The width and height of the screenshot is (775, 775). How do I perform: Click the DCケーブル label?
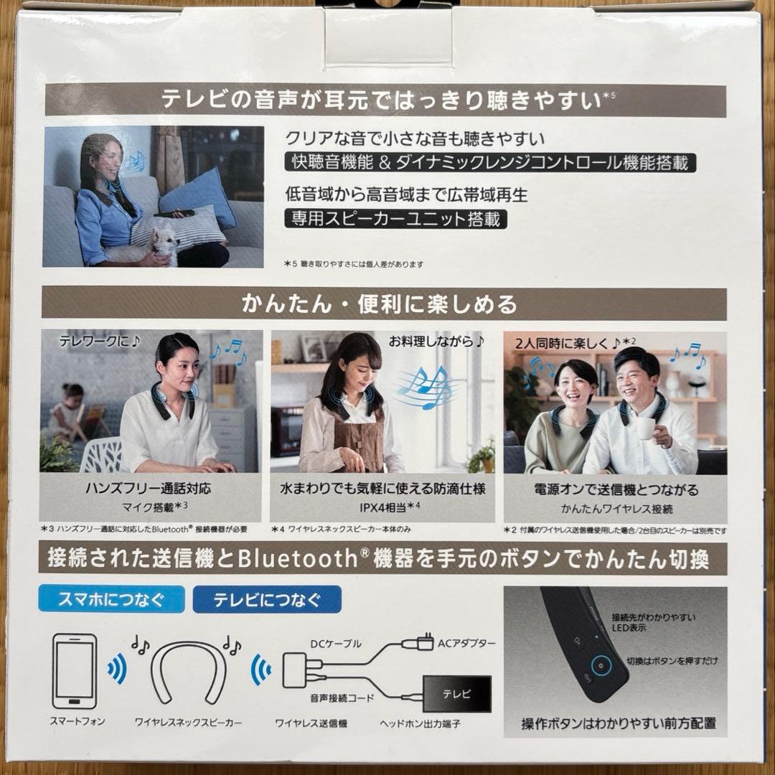click(x=336, y=644)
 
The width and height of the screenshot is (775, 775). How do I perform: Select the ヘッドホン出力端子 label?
click(x=420, y=723)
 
